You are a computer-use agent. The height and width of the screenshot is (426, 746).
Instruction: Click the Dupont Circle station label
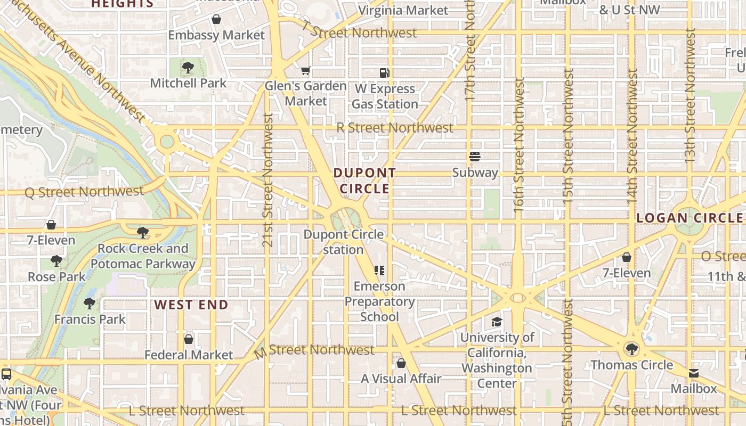click(344, 242)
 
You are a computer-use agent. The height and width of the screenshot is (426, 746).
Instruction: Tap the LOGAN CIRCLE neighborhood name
click(690, 218)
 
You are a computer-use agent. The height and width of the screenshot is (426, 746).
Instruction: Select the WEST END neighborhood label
click(191, 305)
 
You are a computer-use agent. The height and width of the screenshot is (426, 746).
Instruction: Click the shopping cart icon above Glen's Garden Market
click(305, 71)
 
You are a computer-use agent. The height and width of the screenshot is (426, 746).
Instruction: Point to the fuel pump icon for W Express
click(384, 73)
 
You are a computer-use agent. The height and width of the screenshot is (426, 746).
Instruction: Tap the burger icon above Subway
click(475, 157)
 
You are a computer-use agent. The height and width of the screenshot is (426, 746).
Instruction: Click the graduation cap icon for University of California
click(497, 322)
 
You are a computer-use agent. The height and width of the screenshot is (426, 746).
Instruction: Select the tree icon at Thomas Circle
click(631, 349)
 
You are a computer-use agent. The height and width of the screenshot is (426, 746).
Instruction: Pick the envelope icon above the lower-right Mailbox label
click(694, 373)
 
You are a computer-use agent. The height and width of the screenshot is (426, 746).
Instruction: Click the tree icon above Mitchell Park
click(188, 68)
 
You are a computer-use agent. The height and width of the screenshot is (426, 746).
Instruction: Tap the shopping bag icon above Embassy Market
click(216, 20)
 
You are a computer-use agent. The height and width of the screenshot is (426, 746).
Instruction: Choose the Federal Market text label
click(189, 355)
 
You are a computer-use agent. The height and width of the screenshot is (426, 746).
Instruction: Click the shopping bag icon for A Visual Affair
click(401, 363)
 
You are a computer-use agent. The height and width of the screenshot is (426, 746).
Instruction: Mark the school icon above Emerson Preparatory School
click(379, 271)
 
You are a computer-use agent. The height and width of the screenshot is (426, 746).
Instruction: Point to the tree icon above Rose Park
click(56, 261)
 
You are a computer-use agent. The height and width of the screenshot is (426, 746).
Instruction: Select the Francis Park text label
click(90, 319)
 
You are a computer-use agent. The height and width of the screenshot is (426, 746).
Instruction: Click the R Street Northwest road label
click(395, 128)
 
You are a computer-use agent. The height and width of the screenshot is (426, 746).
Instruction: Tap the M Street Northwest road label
click(314, 350)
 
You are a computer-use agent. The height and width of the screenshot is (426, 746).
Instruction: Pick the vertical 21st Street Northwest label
click(268, 179)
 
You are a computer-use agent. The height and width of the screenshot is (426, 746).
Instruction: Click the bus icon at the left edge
click(6, 374)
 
